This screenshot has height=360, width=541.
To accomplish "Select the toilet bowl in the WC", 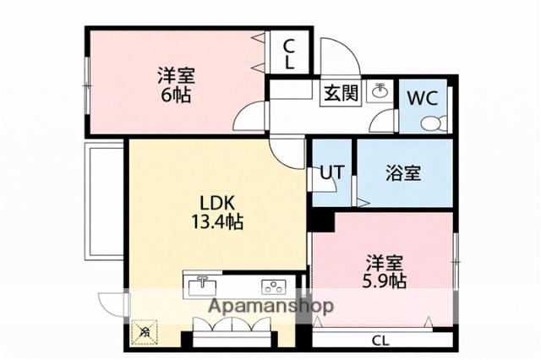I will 433,124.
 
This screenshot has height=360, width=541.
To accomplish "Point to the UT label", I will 331,174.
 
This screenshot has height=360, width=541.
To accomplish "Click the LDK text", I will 218,204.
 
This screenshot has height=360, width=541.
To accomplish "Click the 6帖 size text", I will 177,94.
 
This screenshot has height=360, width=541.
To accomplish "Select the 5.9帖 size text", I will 385,280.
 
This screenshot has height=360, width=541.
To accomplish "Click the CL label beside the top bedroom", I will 288,54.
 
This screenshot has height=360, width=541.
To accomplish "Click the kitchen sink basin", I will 203,286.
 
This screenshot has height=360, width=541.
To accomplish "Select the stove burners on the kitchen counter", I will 273,286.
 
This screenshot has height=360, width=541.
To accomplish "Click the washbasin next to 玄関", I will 380,92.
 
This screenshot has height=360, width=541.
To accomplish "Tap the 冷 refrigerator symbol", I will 145,331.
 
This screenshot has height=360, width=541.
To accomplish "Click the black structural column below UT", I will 318,222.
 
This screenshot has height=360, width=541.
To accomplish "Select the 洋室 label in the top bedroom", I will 177,74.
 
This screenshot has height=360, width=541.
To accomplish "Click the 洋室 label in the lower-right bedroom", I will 385,260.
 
